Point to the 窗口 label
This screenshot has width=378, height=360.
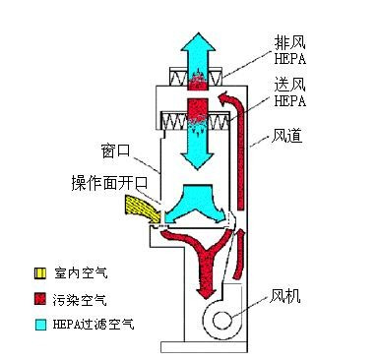click(116, 152)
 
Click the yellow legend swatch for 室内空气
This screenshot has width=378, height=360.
click(39, 271)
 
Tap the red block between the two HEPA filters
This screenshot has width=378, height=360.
click(200, 106)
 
